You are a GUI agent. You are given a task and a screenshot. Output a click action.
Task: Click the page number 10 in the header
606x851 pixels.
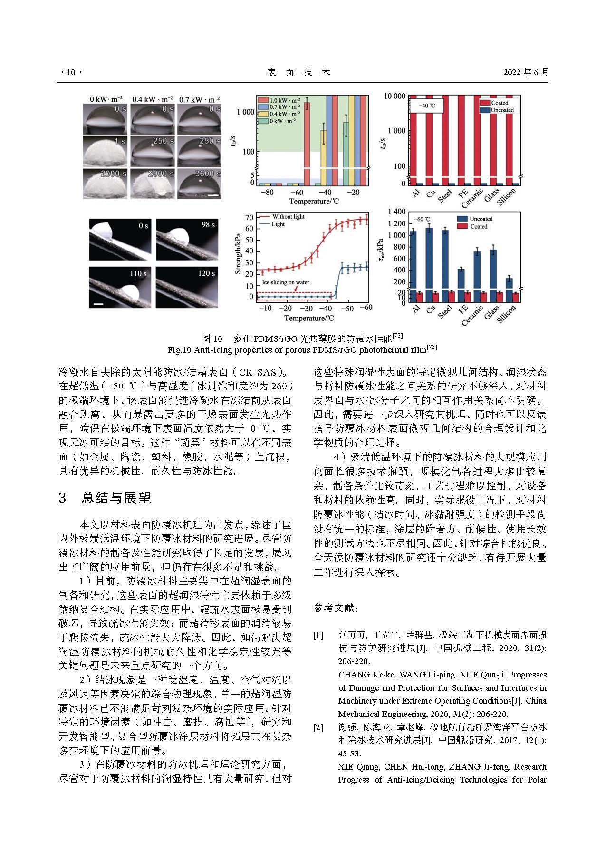71,73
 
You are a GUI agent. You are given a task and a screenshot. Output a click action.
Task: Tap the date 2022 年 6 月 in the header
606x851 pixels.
525,73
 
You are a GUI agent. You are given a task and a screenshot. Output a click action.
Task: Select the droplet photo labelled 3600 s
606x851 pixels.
200,184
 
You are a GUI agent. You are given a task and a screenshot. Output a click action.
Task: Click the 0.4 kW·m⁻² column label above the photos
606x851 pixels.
152,99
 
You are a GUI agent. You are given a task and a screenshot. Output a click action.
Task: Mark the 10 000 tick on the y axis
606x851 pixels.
394,97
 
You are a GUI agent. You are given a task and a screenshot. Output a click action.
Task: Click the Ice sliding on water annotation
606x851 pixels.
286,282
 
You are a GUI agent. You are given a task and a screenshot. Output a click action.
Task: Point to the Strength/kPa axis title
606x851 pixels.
238,253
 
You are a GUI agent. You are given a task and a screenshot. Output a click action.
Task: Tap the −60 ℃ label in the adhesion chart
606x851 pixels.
419,219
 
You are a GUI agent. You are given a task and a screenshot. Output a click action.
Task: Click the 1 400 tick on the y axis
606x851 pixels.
397,212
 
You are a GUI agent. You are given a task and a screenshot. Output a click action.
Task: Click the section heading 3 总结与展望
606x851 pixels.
105,498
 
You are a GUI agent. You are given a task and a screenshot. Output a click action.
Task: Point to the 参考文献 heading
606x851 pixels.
336,608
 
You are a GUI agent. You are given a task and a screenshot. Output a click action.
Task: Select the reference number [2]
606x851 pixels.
318,727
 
